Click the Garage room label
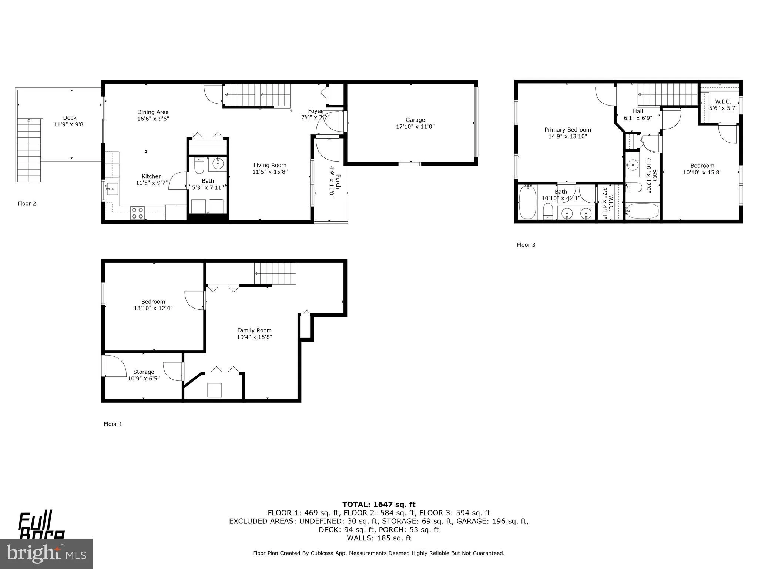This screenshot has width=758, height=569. click(415, 120)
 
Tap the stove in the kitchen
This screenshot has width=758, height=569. click(138, 213)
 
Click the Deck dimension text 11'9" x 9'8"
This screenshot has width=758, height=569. click(70, 124)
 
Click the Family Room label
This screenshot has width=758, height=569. click(254, 330)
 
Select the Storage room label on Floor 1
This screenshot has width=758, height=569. click(144, 372)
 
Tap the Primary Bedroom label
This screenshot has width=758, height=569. click(567, 130)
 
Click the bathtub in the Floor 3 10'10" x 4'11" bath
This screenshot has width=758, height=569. click(527, 203)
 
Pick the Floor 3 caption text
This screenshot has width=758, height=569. click(526, 245)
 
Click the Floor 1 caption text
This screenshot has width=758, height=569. click(113, 424)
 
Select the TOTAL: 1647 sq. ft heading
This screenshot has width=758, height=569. click(379, 505)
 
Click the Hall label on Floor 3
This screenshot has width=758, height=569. click(638, 112)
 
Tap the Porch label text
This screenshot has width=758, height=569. click(338, 182)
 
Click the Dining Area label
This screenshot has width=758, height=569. click(153, 112)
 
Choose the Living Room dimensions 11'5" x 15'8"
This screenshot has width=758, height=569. click(270, 172)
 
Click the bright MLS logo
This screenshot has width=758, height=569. click(46, 553)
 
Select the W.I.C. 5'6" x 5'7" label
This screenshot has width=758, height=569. click(723, 105)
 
